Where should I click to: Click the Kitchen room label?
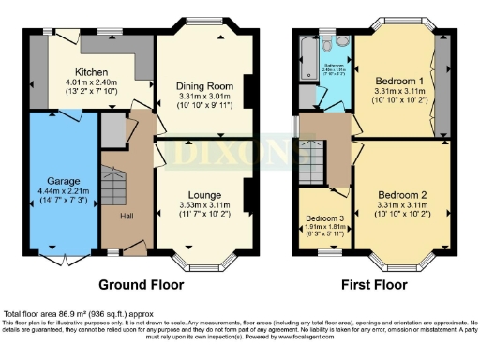[91, 72]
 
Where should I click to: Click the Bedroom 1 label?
[399, 81]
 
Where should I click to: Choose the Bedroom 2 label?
[399, 195]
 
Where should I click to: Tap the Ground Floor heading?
[140, 284]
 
